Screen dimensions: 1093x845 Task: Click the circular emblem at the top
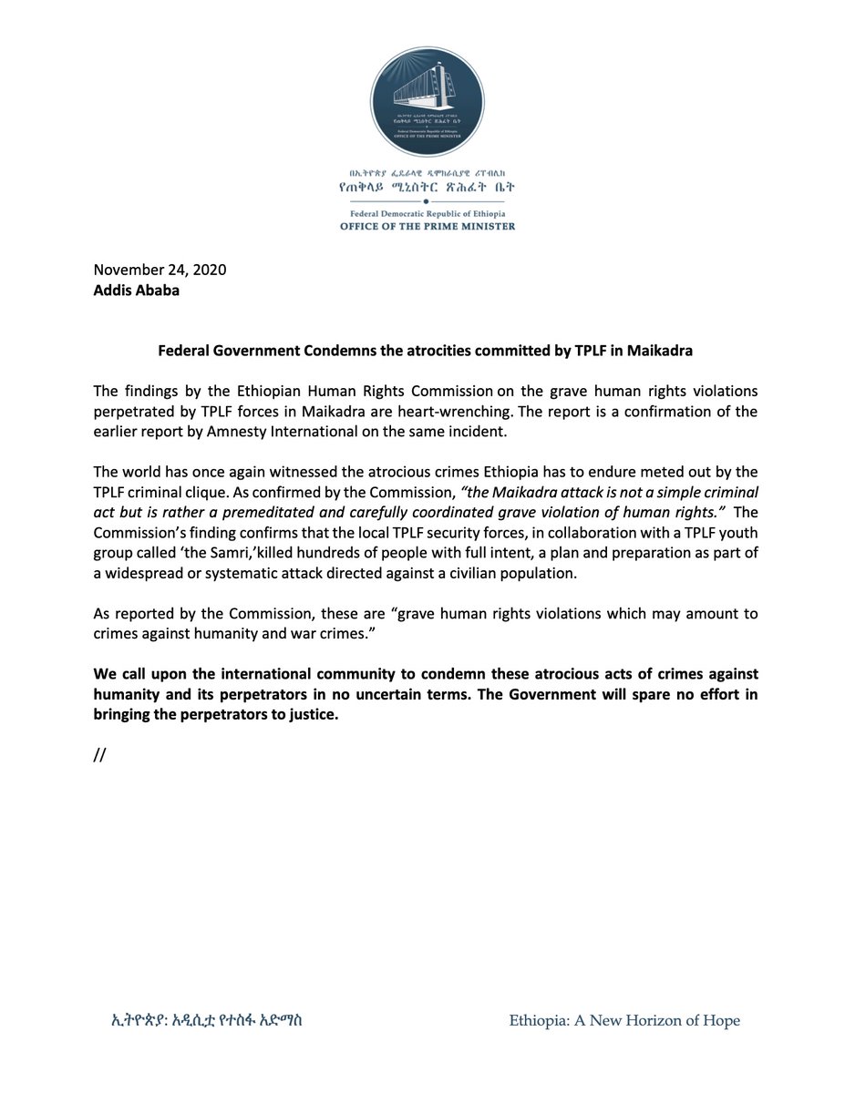(x=423, y=102)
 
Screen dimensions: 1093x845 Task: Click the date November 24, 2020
(x=160, y=270)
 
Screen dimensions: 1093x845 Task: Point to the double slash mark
(x=100, y=754)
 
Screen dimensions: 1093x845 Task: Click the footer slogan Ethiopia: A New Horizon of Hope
(x=624, y=1020)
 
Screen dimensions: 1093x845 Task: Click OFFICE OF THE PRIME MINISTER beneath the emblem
(x=423, y=226)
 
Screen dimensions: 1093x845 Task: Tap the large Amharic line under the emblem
(x=423, y=187)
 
